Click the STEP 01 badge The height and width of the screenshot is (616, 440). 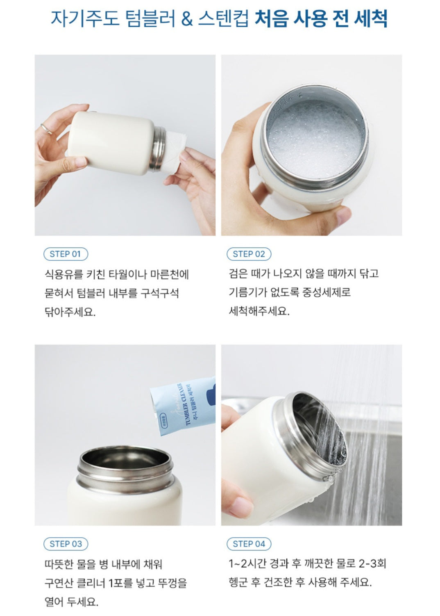66,254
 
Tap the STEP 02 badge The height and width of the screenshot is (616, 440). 249,254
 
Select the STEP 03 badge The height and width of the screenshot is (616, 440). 66,544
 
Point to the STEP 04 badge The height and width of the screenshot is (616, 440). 249,544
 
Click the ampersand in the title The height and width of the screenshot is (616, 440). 187,19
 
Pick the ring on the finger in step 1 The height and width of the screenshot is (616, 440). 46,129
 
